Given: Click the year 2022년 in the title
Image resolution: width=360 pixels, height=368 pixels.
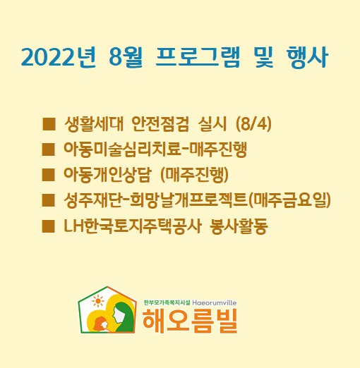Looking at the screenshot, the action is pos(59,57).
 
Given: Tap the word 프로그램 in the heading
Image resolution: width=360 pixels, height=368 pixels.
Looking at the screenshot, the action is pos(198,57).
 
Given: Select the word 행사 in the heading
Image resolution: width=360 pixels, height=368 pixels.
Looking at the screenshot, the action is pos(307,57).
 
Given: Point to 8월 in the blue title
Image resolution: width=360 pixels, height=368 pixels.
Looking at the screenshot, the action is pos(126,57).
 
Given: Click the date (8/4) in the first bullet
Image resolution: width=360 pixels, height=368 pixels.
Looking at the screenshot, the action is pos(253,124).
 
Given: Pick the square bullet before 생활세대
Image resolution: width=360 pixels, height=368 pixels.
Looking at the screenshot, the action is pos(49,124).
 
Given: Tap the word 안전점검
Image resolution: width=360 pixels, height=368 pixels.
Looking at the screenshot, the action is pos(160,124).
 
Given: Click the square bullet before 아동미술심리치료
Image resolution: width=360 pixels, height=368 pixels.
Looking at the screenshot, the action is pos(49,149).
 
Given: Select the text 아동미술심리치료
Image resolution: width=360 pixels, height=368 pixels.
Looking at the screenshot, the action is pos(122,149).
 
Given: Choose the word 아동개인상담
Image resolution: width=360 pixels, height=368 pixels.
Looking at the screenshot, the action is pos(107,175).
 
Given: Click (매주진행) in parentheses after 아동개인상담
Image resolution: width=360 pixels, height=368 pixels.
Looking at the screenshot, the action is pos(194,175).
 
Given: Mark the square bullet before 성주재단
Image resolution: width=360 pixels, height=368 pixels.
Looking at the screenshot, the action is pos(49,200).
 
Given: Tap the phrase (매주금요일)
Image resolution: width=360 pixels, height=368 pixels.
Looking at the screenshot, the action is pos(289,200).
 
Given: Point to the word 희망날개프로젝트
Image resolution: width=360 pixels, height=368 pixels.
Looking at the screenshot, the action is pos(188,200).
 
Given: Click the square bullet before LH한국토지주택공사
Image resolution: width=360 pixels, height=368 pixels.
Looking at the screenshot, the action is pos(49,226).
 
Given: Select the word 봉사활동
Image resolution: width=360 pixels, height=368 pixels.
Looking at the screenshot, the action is pos(239,226).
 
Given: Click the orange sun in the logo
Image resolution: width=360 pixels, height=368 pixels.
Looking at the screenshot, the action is pos(98,301).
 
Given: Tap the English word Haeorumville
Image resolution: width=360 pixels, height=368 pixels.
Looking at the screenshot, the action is pos(215,302).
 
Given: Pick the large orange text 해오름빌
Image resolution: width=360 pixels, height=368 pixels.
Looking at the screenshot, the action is pos(190,321).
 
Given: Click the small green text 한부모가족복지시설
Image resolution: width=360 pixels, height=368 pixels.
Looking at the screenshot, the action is pos(167,302).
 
